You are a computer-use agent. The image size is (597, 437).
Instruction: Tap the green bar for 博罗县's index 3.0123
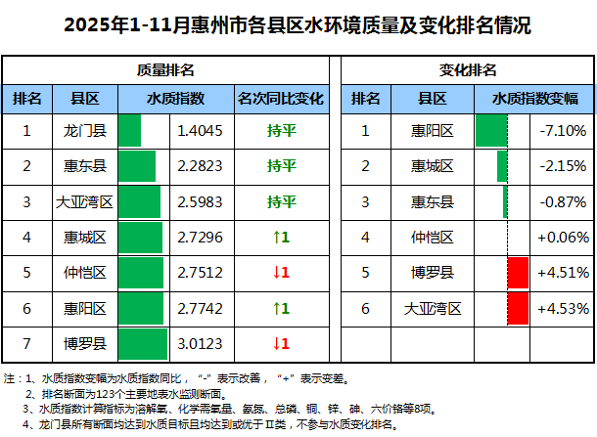coord(143,343)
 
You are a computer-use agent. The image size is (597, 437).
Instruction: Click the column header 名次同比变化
coord(281,98)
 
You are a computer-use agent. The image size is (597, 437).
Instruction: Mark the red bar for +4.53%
coord(518,308)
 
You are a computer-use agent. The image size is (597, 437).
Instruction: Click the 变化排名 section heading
coord(467,70)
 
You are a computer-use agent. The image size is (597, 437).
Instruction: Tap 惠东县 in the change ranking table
coord(432,201)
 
